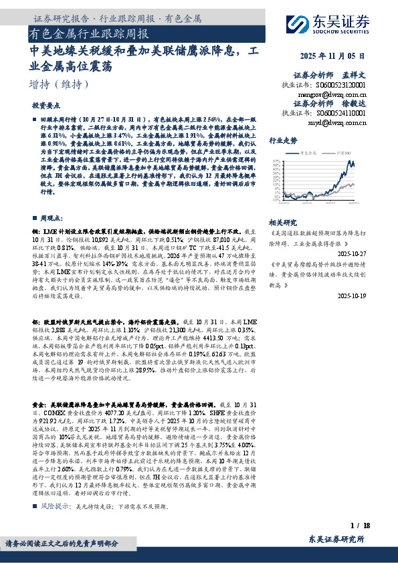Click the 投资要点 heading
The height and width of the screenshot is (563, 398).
click(x=45, y=106)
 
